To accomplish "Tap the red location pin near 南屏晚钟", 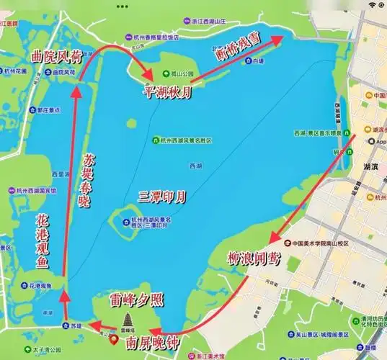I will [x=113, y=336].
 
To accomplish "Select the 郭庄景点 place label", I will [x=46, y=111].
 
